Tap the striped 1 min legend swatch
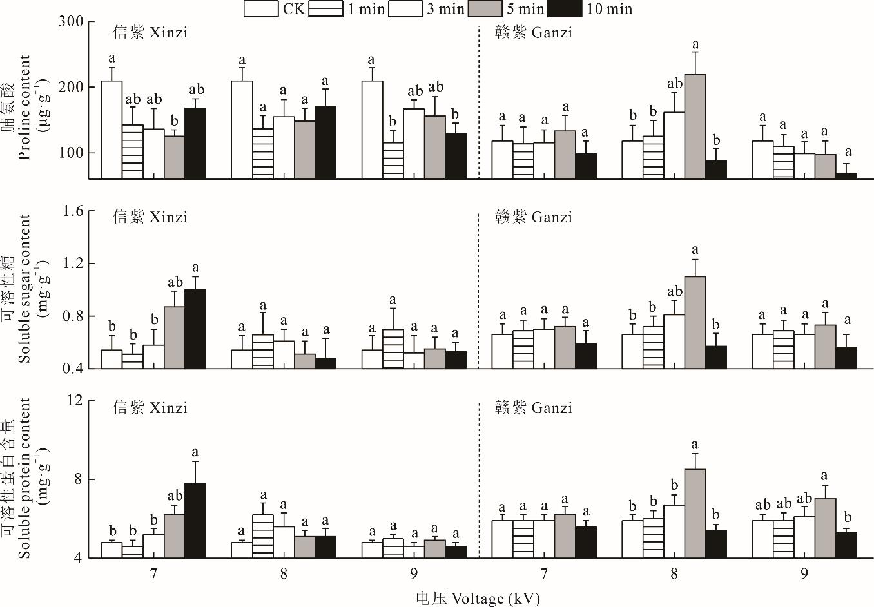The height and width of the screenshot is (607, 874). (x=325, y=9)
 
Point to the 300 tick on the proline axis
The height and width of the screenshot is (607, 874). (x=73, y=21)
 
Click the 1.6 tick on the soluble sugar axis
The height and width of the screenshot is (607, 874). (x=73, y=211)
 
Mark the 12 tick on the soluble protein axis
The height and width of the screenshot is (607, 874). (x=76, y=400)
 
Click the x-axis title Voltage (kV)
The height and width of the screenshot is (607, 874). (x=478, y=598)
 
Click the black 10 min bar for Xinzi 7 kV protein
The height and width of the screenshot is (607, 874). (x=195, y=520)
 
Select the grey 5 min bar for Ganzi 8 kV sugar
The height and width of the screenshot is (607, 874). (x=695, y=322)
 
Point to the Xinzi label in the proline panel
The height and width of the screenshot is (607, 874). (x=150, y=32)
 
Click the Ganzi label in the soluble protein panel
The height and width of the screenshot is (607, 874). (x=534, y=408)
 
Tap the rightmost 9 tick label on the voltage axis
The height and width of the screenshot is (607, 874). (x=804, y=573)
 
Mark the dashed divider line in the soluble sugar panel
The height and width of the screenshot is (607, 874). (x=478, y=290)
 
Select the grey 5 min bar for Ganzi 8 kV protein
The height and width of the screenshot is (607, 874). (x=695, y=513)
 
